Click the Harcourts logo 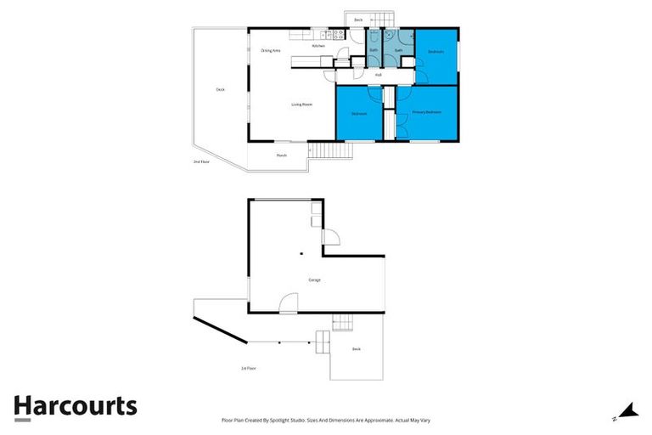coord(75,405)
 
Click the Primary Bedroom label coord(426,112)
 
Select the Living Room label coord(301,105)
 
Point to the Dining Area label coord(270,51)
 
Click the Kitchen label coord(318,46)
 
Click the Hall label coord(378,75)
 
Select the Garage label coord(314,280)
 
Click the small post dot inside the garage coord(301,252)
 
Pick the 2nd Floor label coord(200,161)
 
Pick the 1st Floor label coord(248,368)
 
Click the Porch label coord(281,155)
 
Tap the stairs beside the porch coord(333,151)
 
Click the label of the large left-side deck coord(220,89)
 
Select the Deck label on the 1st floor coord(357,349)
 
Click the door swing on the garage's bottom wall coord(289,303)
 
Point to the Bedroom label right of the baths coord(436,52)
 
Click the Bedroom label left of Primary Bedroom coord(359,113)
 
